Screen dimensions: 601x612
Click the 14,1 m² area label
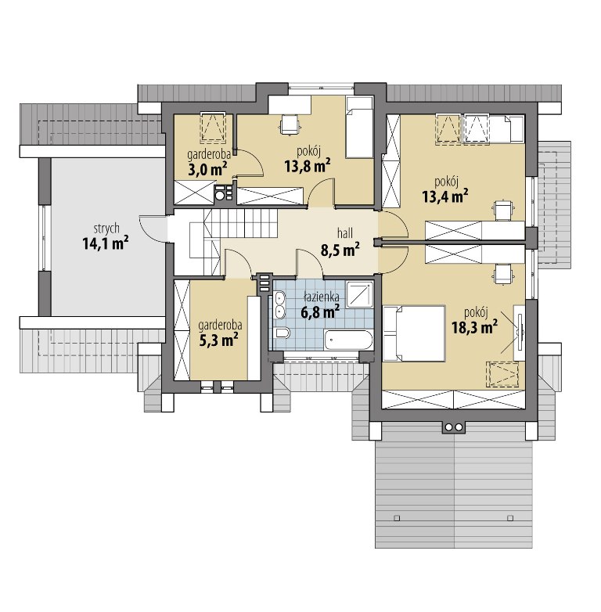click(106, 243)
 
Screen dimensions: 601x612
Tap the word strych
click(106, 229)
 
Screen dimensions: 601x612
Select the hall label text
click(345, 233)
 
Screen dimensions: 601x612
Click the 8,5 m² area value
click(340, 250)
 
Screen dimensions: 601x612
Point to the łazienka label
click(322, 297)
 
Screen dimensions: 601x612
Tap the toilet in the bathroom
click(282, 333)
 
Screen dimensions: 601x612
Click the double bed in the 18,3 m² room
click(414, 333)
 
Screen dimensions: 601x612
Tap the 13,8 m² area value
click(308, 165)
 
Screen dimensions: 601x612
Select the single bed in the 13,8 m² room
click(359, 128)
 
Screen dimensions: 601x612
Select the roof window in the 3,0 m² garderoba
click(213, 126)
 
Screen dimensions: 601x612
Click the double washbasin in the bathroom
click(279, 305)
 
